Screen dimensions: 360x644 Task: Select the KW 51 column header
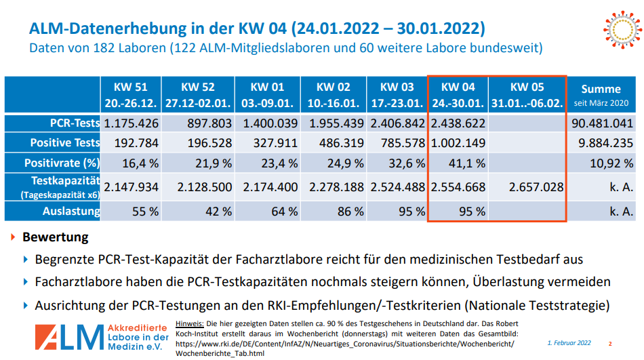[x=132, y=95]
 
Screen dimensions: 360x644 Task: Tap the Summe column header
[x=601, y=95]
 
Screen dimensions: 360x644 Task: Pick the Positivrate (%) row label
[x=62, y=163]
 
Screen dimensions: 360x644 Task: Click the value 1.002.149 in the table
[x=458, y=143]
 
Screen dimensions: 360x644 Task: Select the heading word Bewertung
[x=56, y=238]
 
